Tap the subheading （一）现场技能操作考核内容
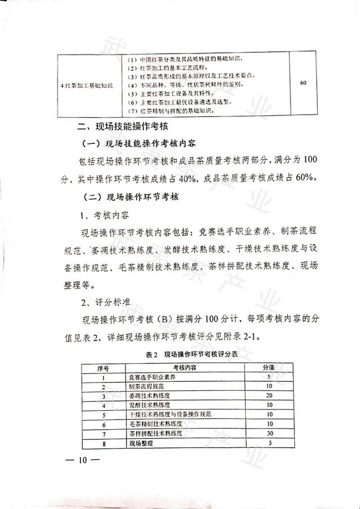point(138,143)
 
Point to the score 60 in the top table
point(304,83)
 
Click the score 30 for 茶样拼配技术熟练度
point(269,434)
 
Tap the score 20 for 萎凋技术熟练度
point(269,395)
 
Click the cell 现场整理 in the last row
point(141,444)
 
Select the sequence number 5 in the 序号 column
point(103,415)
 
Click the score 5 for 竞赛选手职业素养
point(269,376)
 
